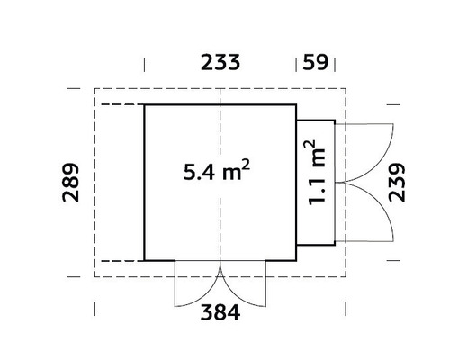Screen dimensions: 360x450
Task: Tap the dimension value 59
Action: point(315,63)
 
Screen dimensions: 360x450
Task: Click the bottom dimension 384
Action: point(220,314)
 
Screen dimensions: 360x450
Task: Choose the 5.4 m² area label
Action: point(215,171)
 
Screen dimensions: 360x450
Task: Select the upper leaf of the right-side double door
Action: point(369,148)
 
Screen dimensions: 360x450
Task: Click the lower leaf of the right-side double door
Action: point(369,216)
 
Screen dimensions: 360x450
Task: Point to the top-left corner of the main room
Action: point(145,104)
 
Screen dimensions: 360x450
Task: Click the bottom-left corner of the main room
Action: point(145,260)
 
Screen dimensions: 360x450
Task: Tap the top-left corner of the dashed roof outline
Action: point(95,88)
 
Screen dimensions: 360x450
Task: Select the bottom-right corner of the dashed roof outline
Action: point(346,275)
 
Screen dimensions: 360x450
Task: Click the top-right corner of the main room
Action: point(296,104)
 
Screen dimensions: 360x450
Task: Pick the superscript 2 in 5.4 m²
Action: point(245,163)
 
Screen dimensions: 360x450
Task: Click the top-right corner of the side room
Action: point(335,121)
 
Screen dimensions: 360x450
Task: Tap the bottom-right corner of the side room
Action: point(335,244)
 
